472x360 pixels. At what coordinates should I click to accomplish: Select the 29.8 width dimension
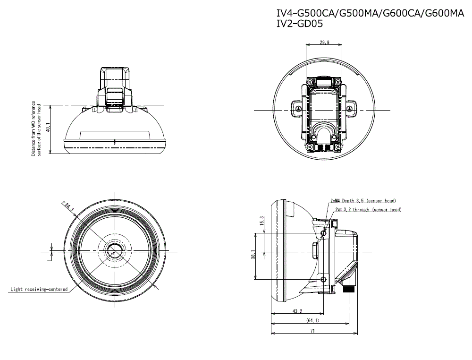325,43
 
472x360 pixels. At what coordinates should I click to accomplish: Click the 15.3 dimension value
262,221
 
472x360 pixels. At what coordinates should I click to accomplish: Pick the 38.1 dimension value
253,256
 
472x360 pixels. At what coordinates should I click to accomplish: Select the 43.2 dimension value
297,311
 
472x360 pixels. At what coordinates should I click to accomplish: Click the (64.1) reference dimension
312,321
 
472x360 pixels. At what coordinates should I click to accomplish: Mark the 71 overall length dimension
312,331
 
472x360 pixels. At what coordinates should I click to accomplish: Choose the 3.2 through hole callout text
368,209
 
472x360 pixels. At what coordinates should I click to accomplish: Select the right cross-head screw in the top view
350,109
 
